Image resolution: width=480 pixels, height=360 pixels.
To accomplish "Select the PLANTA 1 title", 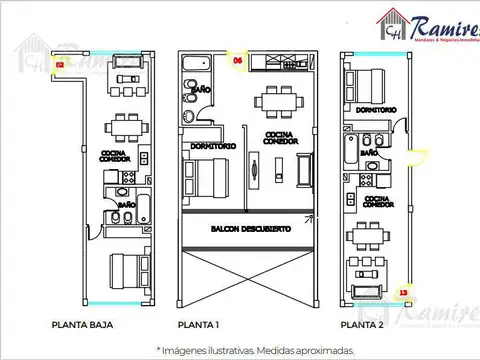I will coord(199,325).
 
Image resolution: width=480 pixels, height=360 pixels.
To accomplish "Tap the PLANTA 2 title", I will coord(363,325).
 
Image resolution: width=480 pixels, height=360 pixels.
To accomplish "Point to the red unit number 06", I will coord(237,60).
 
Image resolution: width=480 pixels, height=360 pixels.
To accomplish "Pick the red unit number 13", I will coord(402,293).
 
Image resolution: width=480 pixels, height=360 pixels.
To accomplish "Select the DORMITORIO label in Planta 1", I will coord(211,146).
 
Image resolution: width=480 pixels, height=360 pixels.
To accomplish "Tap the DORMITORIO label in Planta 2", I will coord(374,108).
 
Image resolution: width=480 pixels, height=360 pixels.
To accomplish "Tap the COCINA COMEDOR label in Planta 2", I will coord(377,203).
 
